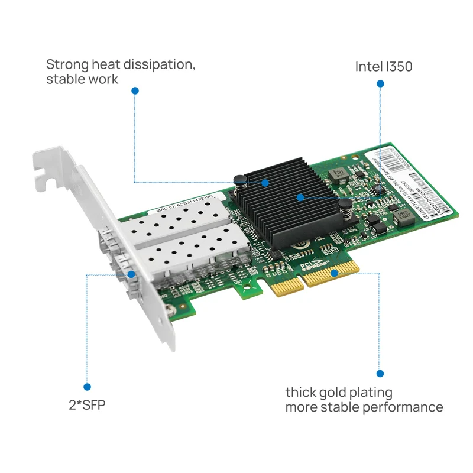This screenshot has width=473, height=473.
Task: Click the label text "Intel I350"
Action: tap(383, 66)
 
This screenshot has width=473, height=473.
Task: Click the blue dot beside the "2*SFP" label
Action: tap(87, 387)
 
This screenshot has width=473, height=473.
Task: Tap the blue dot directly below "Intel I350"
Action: tap(381, 85)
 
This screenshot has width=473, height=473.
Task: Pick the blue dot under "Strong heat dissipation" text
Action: tap(135, 91)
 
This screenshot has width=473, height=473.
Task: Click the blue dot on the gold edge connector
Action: tap(334, 273)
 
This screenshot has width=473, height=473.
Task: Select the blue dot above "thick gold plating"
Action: tap(380, 373)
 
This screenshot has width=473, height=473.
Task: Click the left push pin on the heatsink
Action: tap(239, 180)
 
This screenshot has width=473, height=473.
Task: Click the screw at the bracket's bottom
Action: tap(170, 309)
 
